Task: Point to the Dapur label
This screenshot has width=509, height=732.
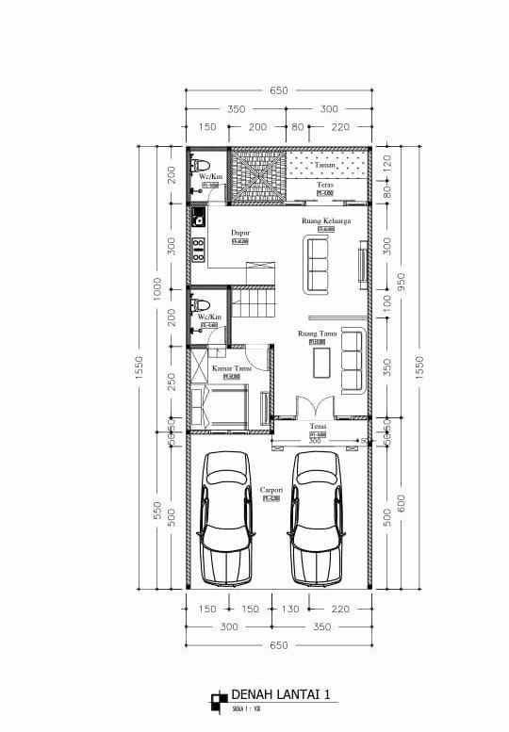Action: click(240, 231)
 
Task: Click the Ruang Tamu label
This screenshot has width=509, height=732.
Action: click(318, 333)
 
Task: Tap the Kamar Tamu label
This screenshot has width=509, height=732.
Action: click(231, 368)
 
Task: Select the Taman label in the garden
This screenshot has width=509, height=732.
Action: click(325, 164)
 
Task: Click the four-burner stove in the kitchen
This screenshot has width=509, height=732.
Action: click(199, 250)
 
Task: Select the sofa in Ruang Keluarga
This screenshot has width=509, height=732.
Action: click(316, 265)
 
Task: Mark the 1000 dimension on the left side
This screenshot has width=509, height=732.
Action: click(157, 286)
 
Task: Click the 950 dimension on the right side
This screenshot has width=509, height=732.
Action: click(401, 282)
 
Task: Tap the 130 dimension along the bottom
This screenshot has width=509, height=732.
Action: click(293, 610)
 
